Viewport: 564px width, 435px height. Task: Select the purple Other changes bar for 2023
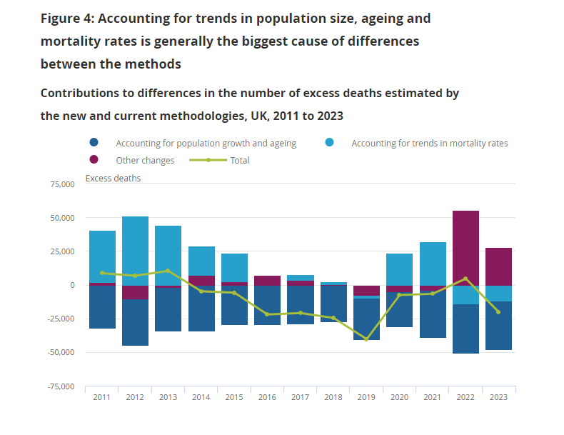pos(498,266)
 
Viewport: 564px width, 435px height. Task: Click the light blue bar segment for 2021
pos(433,264)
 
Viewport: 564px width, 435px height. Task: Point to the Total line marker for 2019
pos(367,339)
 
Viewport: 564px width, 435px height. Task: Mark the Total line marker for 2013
pos(168,271)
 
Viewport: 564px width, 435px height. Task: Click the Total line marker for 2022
pos(465,279)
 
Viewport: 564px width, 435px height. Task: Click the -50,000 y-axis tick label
pos(59,352)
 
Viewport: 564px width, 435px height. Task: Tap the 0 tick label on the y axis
pos(71,285)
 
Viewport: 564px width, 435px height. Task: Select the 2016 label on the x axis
pos(268,398)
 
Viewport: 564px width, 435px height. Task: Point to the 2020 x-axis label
pos(400,398)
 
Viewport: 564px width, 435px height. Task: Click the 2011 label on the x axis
pos(102,398)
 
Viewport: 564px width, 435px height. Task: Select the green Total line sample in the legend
pos(208,160)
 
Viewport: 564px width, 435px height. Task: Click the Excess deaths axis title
pos(113,178)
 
